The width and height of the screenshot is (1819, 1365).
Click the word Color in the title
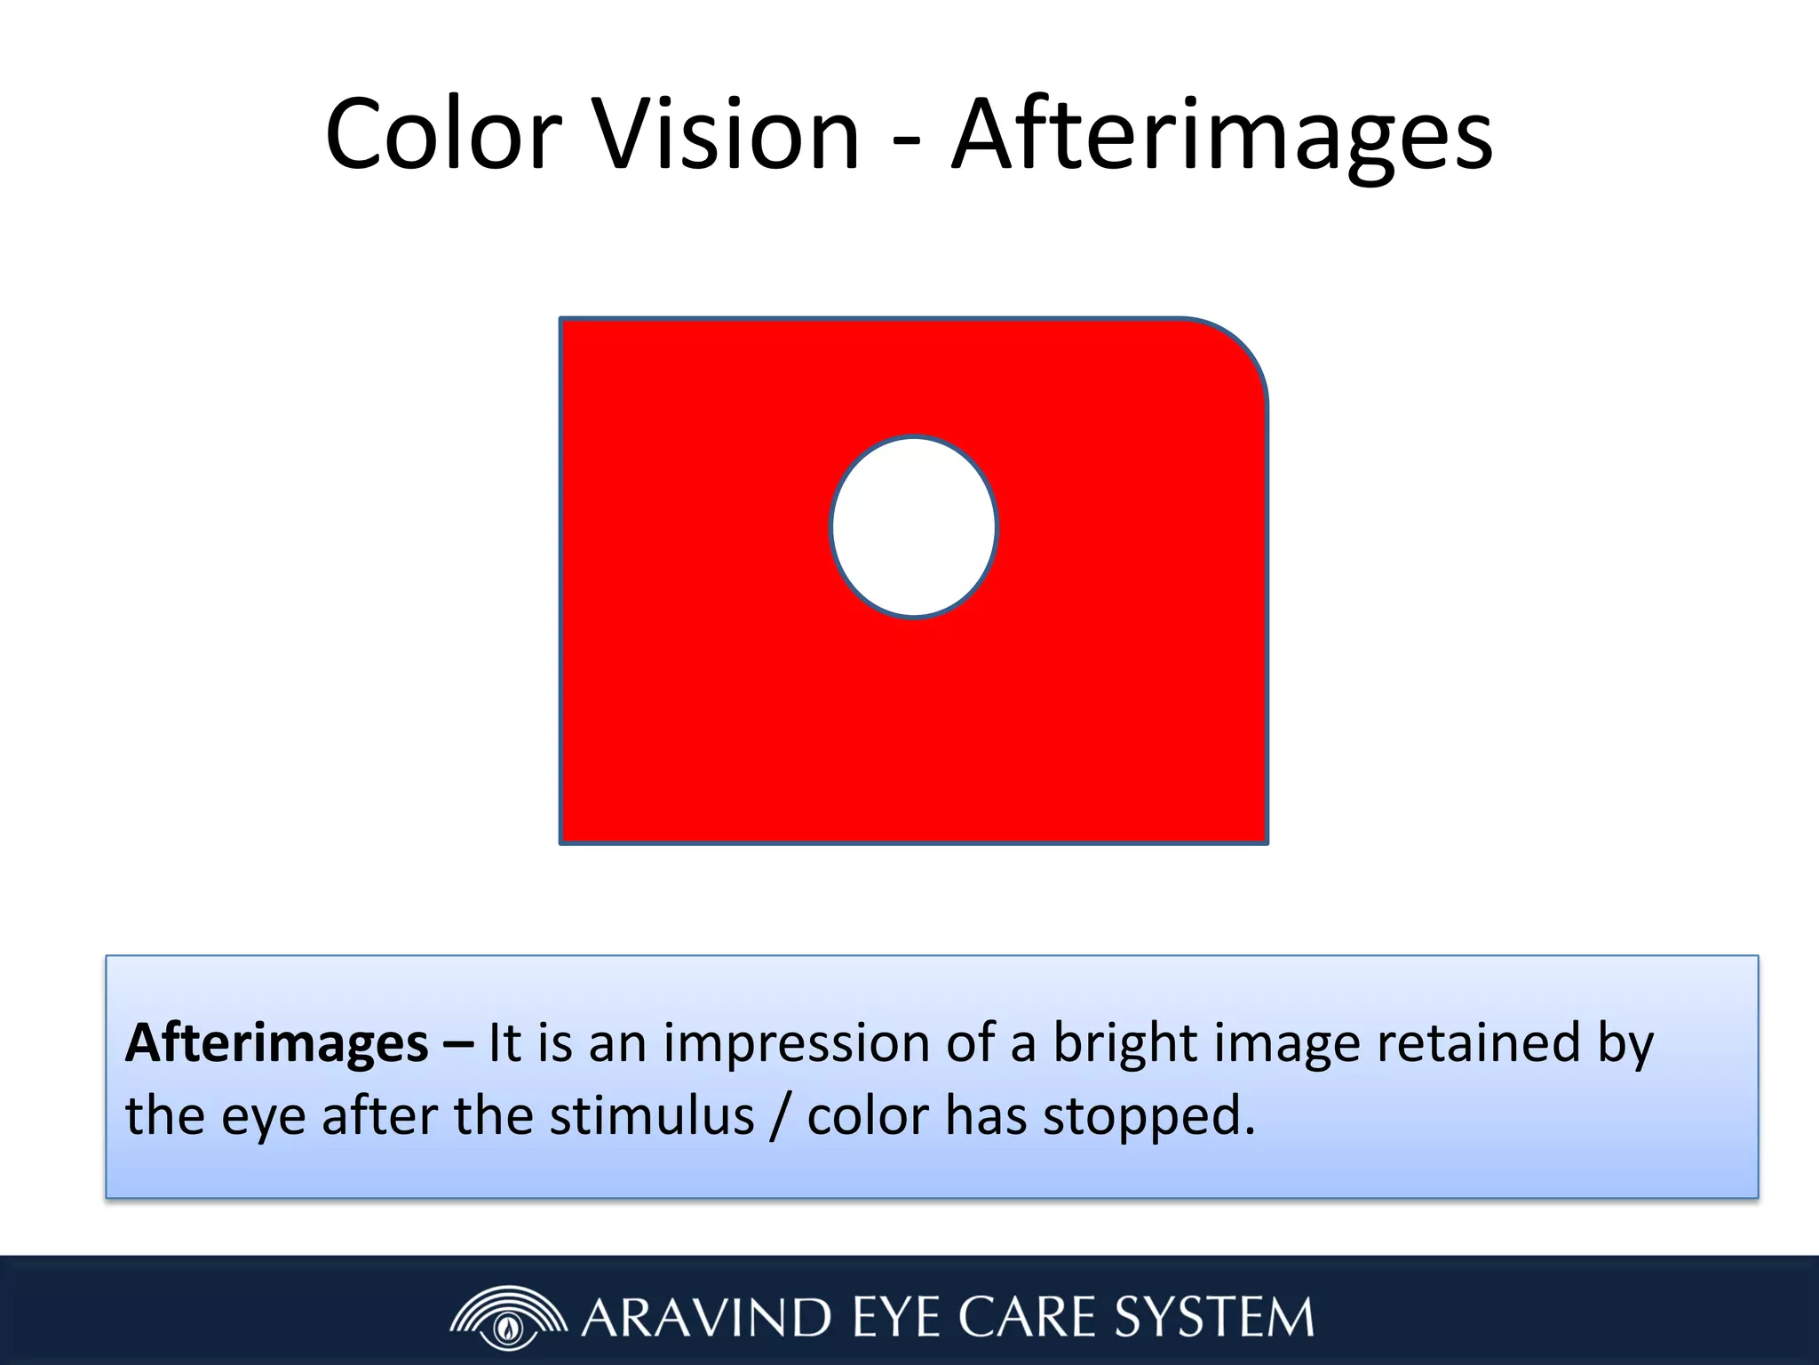click(x=443, y=135)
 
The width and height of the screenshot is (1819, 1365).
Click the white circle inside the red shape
click(x=914, y=527)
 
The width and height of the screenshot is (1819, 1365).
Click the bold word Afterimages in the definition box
click(x=277, y=1043)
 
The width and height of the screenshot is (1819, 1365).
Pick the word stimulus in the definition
click(x=651, y=1116)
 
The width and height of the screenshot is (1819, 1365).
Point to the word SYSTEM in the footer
click(x=1214, y=1318)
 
